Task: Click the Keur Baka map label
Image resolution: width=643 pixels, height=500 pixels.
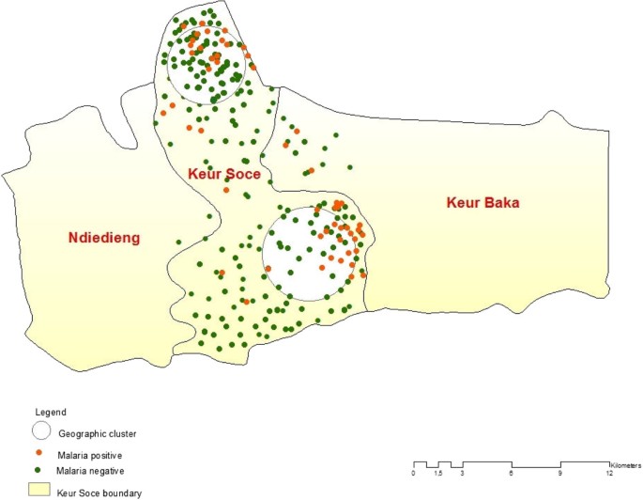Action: coord(482,202)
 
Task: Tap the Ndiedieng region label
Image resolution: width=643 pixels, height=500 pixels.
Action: coord(103,238)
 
